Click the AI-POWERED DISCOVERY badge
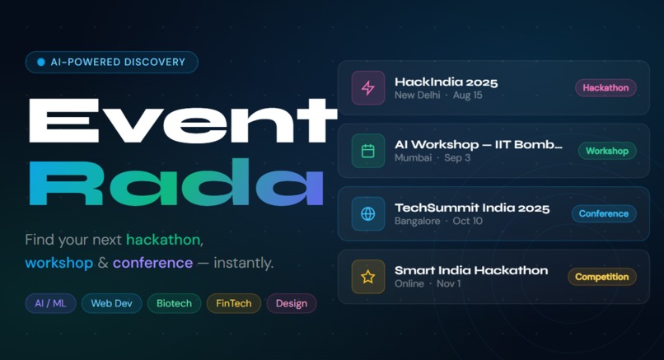pos(111,62)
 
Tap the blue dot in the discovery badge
pos(40,62)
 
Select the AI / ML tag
pos(50,303)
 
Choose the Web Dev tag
pos(111,303)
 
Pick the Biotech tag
pos(174,303)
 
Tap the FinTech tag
pos(233,303)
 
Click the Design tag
pos(292,303)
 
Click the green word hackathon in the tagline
pos(163,240)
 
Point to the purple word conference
pos(152,264)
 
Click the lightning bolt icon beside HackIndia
pos(368,88)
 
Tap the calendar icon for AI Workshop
pos(368,151)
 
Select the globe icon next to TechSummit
pos(368,214)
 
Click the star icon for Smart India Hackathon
pos(368,277)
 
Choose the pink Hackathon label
pos(606,87)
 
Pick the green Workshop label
pos(607,151)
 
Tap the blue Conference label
pos(604,213)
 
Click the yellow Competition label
pos(602,277)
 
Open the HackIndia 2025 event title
pos(446,82)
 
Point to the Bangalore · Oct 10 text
pos(438,221)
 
